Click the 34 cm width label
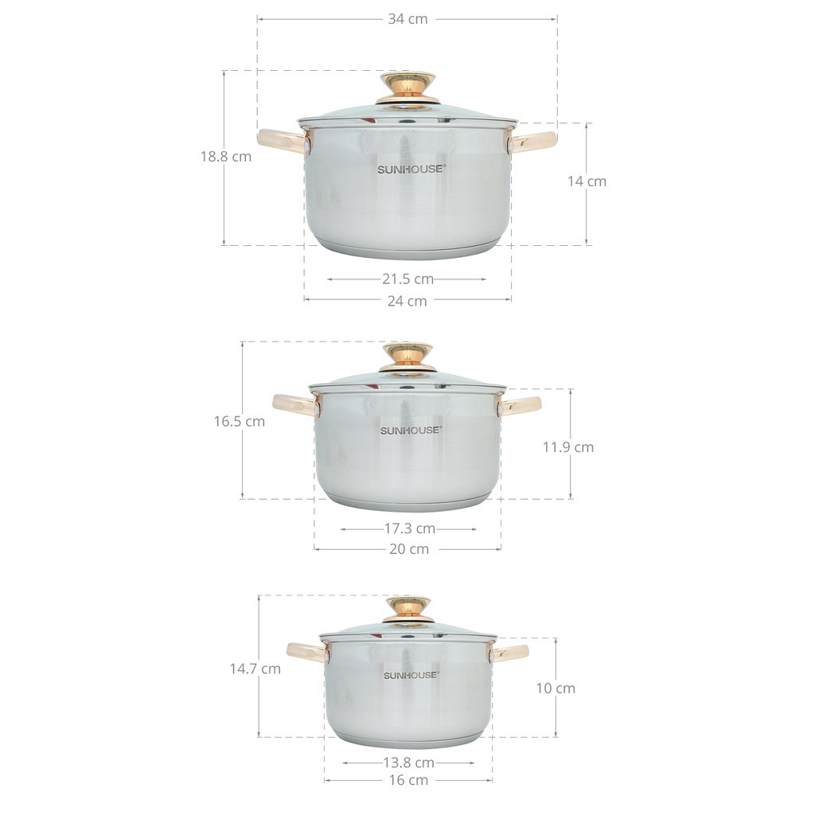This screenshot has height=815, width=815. [x=407, y=19]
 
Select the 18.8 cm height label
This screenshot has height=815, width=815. [x=226, y=157]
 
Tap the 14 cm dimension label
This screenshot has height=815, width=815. [x=587, y=181]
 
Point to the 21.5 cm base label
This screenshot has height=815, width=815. [x=408, y=279]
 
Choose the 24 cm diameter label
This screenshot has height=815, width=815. [x=407, y=301]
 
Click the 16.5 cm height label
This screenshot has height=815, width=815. [x=239, y=421]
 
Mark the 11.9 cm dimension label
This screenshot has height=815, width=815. [x=568, y=447]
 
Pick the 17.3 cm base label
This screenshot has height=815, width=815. [x=410, y=528]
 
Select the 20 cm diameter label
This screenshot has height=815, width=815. [x=409, y=549]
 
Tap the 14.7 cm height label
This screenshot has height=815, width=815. [x=255, y=669]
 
